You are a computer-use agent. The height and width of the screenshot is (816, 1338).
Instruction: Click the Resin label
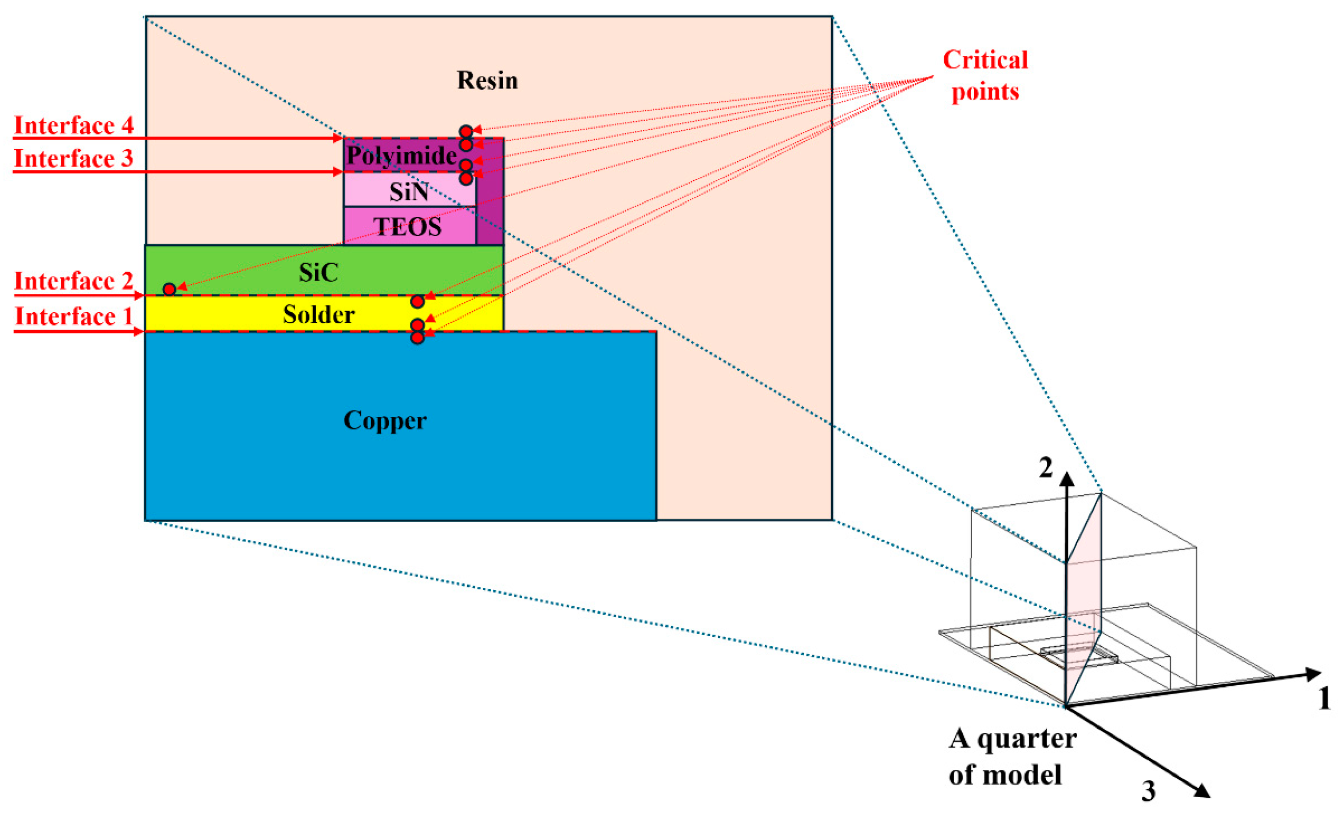coord(487,80)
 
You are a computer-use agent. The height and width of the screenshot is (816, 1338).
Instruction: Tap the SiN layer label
coord(409,192)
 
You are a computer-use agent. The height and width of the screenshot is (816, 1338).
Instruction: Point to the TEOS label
coord(407,227)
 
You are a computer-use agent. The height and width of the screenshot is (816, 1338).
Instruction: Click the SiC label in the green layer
coord(319,272)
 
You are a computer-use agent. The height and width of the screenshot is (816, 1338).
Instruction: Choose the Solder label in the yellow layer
coord(319,314)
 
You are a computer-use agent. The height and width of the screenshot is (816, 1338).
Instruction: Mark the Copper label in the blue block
coord(385,420)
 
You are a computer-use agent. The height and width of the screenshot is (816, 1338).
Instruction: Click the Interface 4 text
coord(74,125)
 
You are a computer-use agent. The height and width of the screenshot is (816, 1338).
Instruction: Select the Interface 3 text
coord(74,158)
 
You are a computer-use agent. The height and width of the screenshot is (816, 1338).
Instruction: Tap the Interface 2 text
coord(74,281)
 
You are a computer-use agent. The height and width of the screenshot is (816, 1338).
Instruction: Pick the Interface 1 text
coord(74,316)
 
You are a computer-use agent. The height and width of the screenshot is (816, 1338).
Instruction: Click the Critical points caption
coord(985,75)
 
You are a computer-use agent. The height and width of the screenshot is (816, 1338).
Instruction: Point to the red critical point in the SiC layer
coord(170,289)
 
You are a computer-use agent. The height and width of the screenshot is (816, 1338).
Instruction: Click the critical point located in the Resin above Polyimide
coord(466,131)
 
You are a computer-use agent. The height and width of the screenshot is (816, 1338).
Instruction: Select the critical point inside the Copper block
coord(417,338)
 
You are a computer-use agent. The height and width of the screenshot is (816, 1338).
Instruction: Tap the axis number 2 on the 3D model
coord(1046,468)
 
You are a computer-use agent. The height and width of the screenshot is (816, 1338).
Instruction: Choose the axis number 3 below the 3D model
coord(1148,792)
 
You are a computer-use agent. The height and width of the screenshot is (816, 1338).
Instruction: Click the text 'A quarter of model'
coord(1012,756)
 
